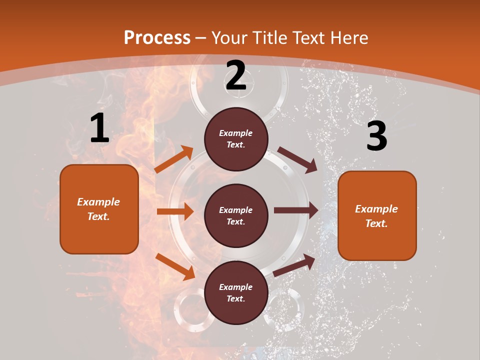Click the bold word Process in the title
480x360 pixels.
(157, 37)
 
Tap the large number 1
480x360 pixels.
(99, 128)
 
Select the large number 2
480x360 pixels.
(236, 76)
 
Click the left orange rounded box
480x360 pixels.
(99, 209)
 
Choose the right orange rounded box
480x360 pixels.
(377, 215)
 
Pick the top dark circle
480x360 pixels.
(236, 139)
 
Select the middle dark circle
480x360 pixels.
(236, 215)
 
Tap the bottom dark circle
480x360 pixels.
(236, 292)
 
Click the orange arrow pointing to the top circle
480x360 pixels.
(174, 159)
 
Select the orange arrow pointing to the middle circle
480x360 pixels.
(175, 211)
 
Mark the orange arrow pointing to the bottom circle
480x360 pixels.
(175, 266)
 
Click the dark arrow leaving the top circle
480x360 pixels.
(297, 159)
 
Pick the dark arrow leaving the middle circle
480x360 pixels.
(296, 210)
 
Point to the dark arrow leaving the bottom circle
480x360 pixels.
(294, 265)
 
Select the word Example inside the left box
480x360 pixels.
(98, 202)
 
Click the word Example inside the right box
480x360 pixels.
(376, 209)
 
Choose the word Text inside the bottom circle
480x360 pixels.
(235, 298)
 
